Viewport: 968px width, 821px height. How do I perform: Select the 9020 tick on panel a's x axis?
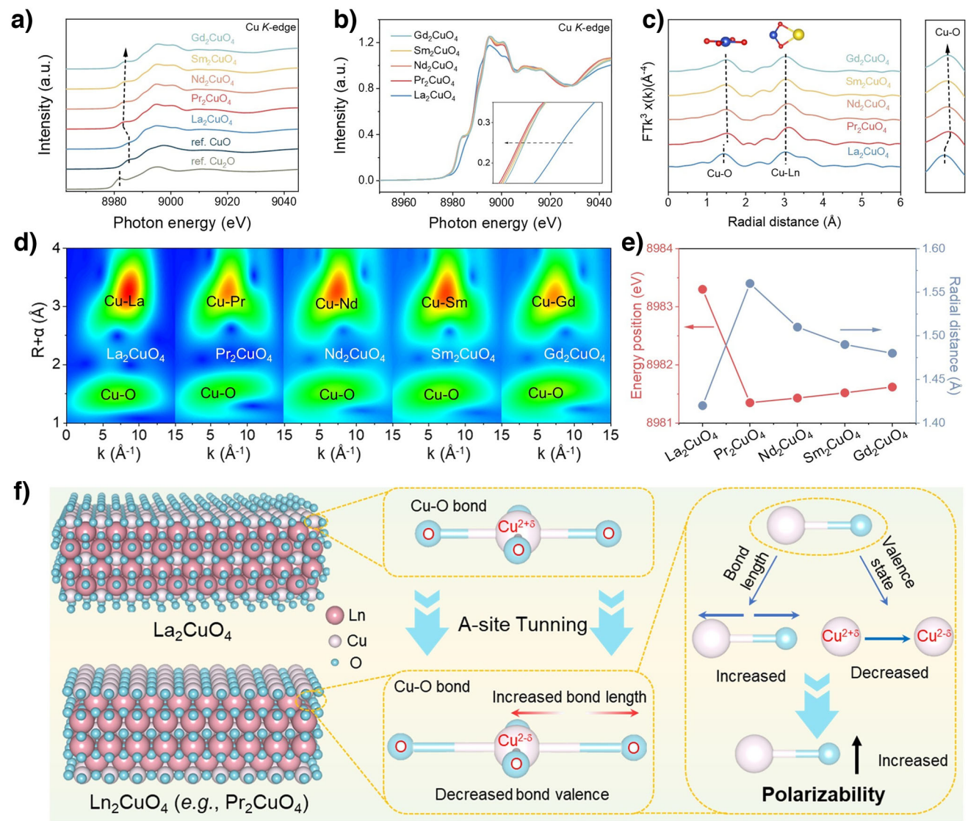click(x=235, y=202)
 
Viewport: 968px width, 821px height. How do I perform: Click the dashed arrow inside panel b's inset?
click(x=532, y=142)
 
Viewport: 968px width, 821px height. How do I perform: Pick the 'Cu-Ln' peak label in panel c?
click(x=785, y=173)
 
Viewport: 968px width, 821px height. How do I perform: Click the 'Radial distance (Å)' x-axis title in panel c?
click(x=784, y=221)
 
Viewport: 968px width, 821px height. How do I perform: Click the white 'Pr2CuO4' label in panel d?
click(x=244, y=355)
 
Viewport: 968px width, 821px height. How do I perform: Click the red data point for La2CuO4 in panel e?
click(x=703, y=289)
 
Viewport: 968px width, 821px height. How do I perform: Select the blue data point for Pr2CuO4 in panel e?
click(x=750, y=283)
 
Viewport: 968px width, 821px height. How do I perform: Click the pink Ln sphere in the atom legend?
click(x=335, y=615)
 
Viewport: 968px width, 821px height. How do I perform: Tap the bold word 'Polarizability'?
click(x=823, y=794)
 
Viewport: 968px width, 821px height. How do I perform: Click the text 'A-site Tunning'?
click(x=522, y=625)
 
